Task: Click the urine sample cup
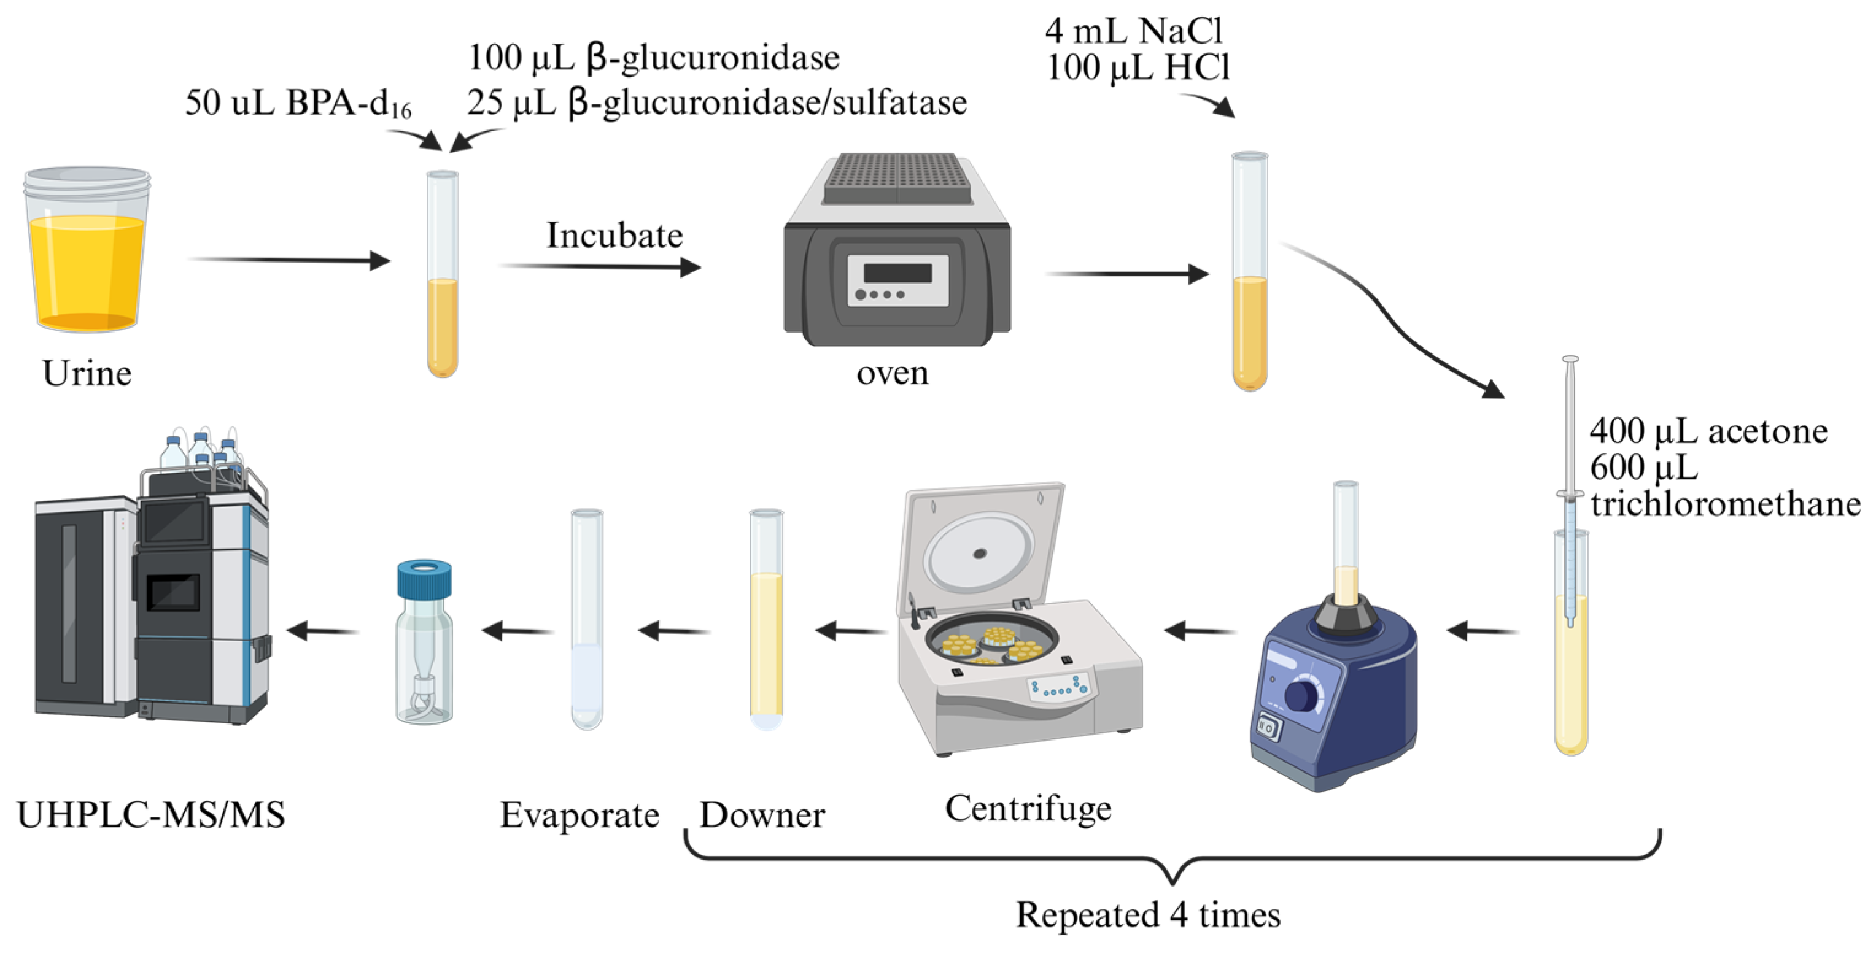pyautogui.click(x=87, y=251)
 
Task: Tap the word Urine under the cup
pyautogui.click(x=87, y=374)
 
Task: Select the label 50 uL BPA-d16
pyautogui.click(x=298, y=103)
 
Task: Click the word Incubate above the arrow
pyautogui.click(x=614, y=236)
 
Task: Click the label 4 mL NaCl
pyautogui.click(x=1133, y=31)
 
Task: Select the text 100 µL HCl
pyautogui.click(x=1138, y=68)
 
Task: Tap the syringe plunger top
pyautogui.click(x=1571, y=360)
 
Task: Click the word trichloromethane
pyautogui.click(x=1724, y=504)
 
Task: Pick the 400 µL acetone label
pyautogui.click(x=1708, y=431)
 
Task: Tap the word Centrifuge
pyautogui.click(x=1028, y=808)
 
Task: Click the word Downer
pyautogui.click(x=762, y=815)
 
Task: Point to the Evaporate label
pyautogui.click(x=579, y=815)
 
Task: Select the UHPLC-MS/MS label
pyautogui.click(x=151, y=815)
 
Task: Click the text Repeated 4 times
pyautogui.click(x=1148, y=914)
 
